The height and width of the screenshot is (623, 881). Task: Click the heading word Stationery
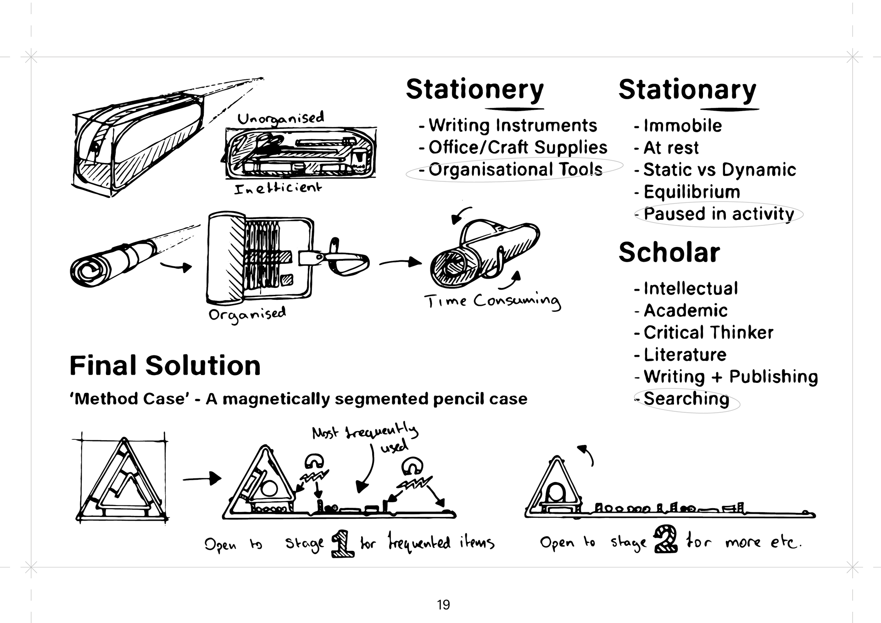474,90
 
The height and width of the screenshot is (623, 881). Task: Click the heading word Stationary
687,90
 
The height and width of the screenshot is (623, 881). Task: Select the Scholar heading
669,253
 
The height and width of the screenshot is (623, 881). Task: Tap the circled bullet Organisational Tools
515,169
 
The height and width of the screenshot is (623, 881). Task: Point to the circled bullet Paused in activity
719,214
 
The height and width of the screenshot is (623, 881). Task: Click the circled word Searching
686,399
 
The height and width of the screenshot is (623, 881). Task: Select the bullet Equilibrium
691,192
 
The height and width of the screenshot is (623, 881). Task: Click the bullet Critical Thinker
708,332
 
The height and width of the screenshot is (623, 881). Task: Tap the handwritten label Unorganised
280,118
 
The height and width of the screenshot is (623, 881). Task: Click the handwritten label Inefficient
278,188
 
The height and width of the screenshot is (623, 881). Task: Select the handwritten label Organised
247,314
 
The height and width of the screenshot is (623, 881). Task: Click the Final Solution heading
165,366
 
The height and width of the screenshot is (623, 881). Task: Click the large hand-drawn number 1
342,544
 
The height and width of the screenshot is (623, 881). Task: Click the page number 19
443,605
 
